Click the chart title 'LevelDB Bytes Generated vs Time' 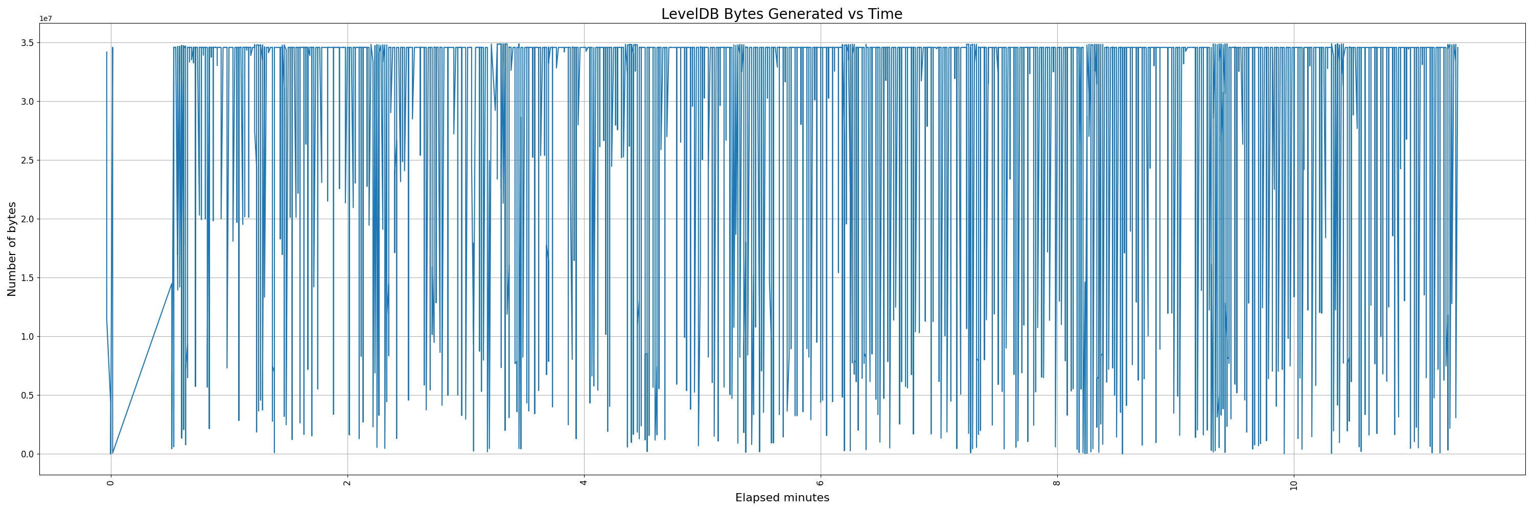point(781,14)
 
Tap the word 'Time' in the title point(887,14)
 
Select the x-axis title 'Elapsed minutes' point(782,498)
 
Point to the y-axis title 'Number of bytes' point(12,249)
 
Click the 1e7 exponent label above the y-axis point(46,19)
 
